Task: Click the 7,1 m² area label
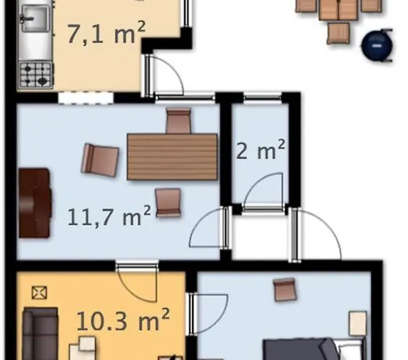tap(106, 34)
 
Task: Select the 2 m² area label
tap(260, 151)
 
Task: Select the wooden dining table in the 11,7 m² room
tap(172, 156)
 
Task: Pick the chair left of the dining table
tap(100, 158)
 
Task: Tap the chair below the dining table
tap(168, 202)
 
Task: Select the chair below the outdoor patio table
tap(339, 32)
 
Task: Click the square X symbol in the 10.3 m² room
tap(40, 292)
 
